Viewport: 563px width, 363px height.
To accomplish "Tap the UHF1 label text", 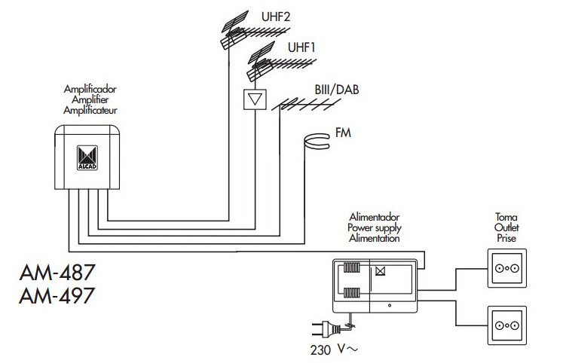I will coord(301,47).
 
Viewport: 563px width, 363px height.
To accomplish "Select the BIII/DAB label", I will coord(337,90).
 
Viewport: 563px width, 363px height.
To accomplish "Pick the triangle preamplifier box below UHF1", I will coord(256,99).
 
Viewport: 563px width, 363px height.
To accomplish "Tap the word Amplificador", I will coord(90,90).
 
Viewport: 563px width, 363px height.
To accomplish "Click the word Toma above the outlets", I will coord(504,217).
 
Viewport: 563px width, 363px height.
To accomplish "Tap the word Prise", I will coord(504,236).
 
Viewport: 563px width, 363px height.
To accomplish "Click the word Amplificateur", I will coord(90,110).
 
